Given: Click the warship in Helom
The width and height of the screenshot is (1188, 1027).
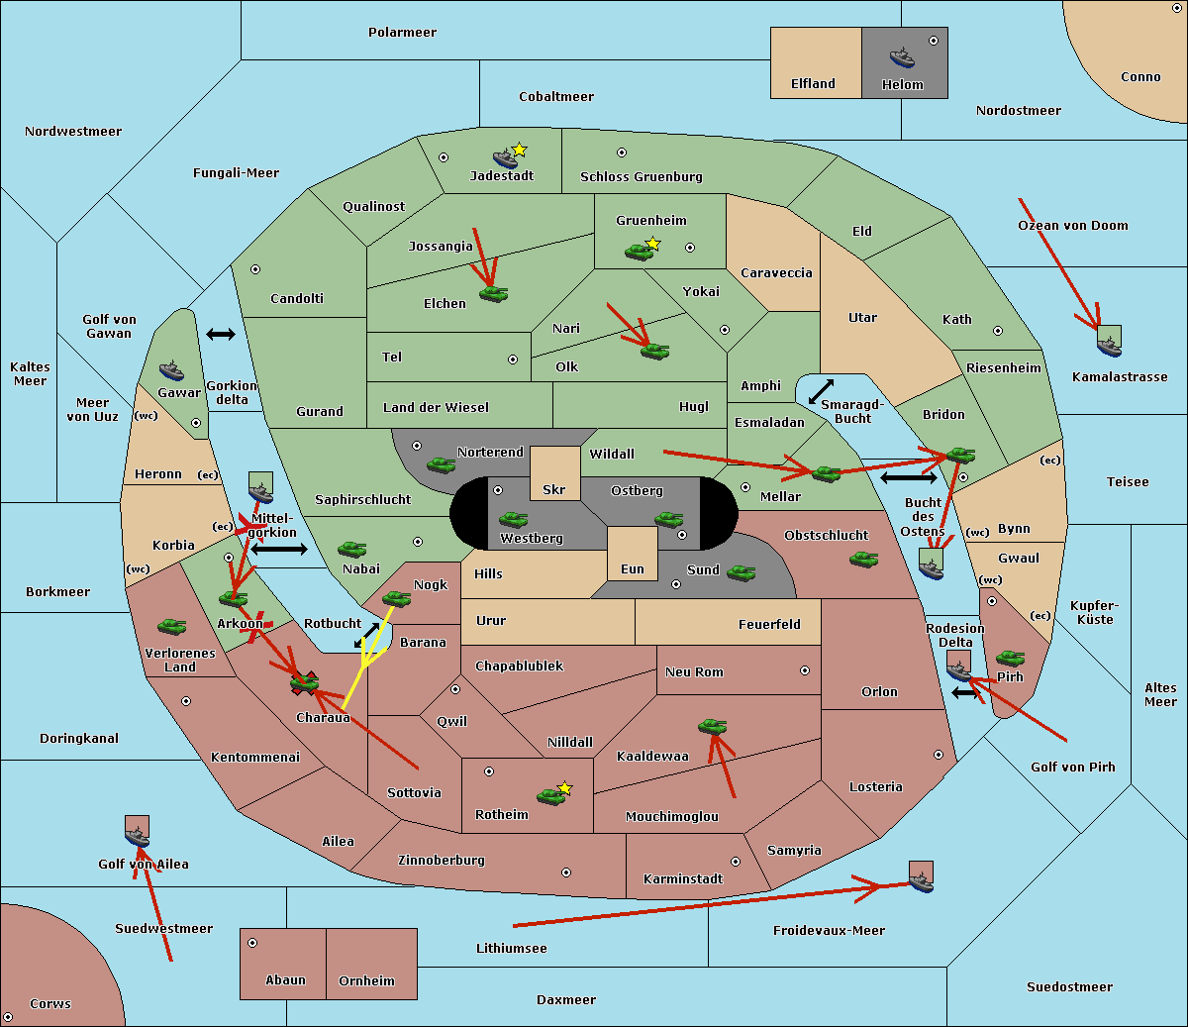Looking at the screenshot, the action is pos(902,57).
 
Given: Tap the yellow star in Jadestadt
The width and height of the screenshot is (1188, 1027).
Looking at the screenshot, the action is pos(519,151).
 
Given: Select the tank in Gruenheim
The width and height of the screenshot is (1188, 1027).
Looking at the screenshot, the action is pos(640,252).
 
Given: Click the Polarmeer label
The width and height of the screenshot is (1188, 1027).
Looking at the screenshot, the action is pos(402,33).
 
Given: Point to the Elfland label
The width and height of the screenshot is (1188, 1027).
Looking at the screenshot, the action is pos(813,84).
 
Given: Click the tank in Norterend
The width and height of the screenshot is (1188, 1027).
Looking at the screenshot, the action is pos(441,464).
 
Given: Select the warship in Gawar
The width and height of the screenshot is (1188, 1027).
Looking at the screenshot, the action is pos(171,371).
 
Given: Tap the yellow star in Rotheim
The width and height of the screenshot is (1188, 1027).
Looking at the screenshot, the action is pos(565,787).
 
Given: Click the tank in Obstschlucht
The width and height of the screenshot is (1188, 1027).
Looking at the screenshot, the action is pos(864,559).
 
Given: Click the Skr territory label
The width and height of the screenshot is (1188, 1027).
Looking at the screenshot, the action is pos(554,490).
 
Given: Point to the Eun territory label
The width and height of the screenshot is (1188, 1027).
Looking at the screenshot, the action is pos(633,569).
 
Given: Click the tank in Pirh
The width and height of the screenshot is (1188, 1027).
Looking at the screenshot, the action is pos(1010,658).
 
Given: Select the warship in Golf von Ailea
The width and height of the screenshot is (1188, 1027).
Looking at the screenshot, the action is pos(138,837).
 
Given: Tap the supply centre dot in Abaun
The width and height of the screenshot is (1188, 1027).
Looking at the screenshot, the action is pos(252,943).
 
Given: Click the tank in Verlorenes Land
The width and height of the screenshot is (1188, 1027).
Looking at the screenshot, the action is pos(172,626).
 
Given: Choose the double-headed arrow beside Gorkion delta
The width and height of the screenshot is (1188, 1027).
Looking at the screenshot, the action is pos(221,334).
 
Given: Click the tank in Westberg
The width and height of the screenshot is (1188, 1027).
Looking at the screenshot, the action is pos(513,519).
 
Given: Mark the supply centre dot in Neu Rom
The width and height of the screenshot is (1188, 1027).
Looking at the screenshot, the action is pos(805,670).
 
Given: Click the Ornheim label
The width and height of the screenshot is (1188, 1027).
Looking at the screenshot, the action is pos(366,981).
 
